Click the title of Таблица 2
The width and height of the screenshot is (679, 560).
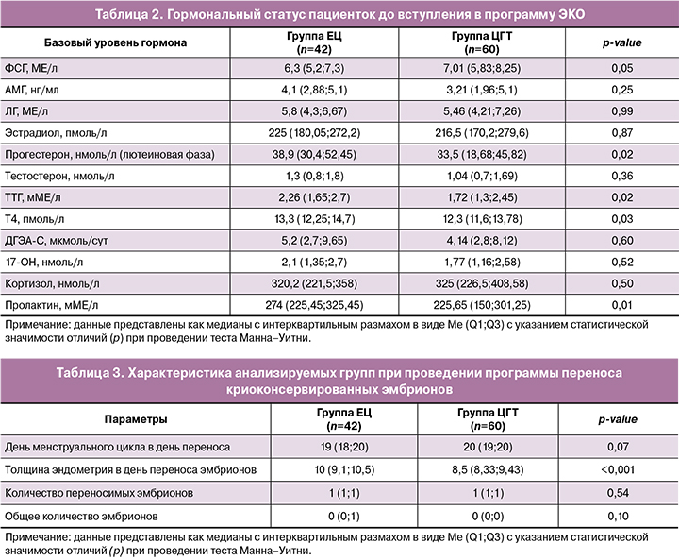click(339, 13)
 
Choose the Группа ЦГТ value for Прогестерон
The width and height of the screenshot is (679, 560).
click(481, 155)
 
